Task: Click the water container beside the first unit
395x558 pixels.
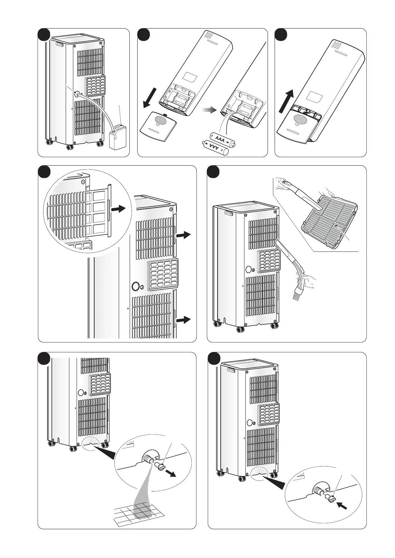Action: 117,137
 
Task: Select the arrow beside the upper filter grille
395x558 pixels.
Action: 184,235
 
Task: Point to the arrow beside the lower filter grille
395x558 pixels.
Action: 184,320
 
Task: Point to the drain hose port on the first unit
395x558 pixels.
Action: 78,94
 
